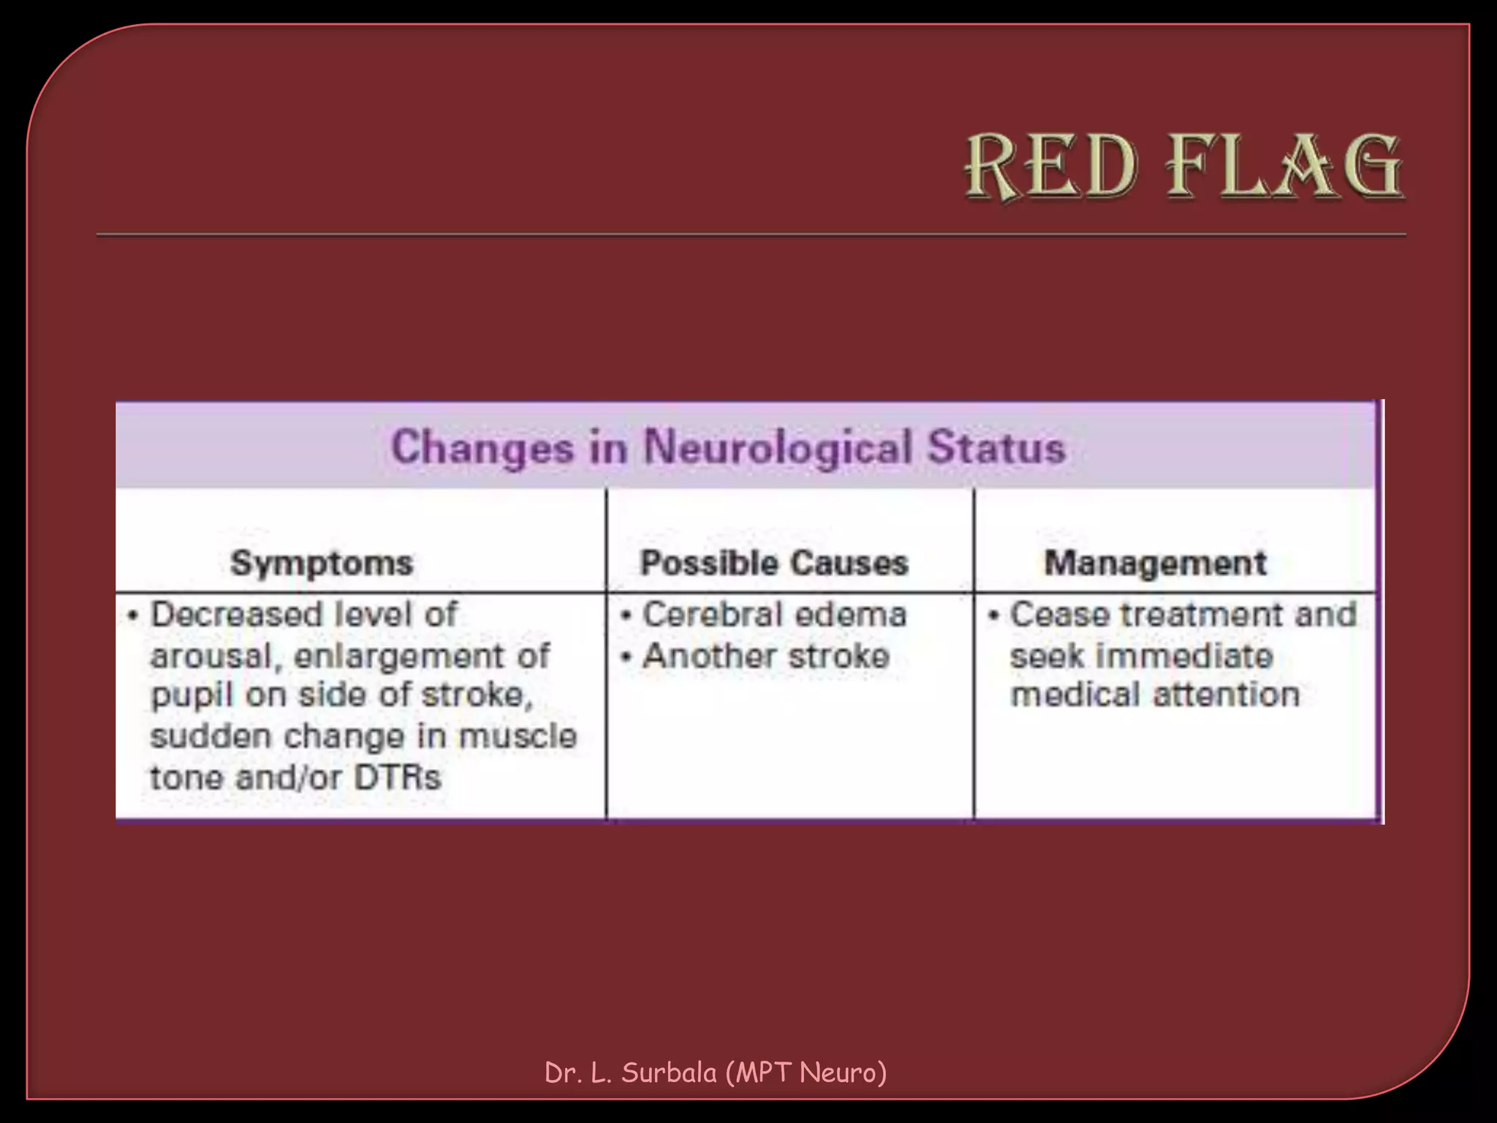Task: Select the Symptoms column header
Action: coord(322,563)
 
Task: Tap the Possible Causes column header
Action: coord(774,563)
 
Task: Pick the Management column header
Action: coord(1155,563)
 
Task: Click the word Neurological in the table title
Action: coord(778,447)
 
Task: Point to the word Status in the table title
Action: coord(996,447)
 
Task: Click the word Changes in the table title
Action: coord(482,447)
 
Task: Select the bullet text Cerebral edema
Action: coord(774,614)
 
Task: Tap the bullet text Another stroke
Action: coord(766,656)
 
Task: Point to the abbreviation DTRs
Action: coord(398,776)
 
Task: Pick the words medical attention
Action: coord(1155,695)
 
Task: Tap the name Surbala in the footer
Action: coord(669,1073)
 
